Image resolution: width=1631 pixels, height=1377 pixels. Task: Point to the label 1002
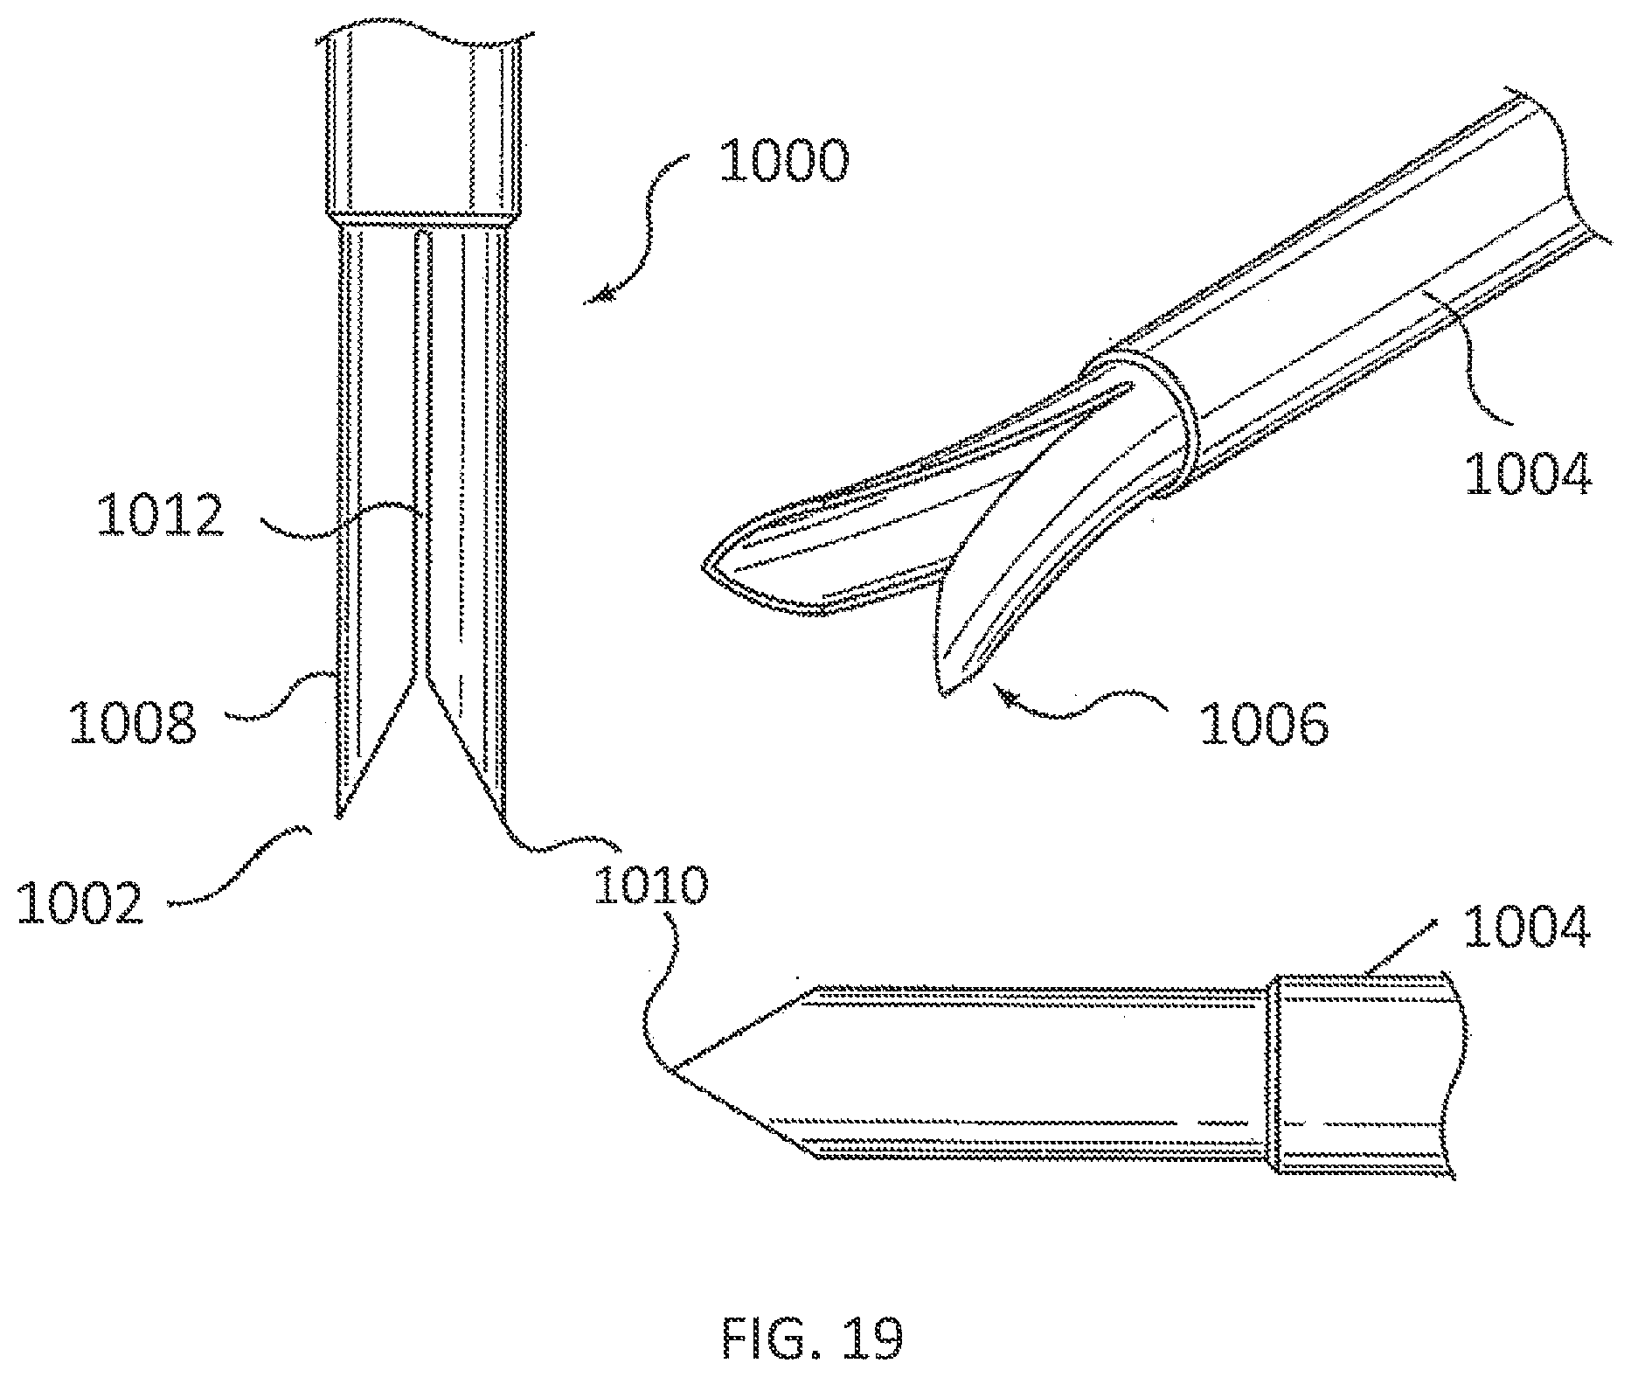coord(80,902)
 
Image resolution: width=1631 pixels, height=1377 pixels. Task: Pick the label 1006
coord(1265,722)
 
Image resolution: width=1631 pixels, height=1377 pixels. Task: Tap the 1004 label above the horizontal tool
coord(1524,928)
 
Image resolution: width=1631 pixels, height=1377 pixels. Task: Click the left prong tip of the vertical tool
coord(338,816)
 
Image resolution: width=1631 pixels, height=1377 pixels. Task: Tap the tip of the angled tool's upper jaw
coord(704,569)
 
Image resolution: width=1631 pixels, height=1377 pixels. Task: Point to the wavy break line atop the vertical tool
coord(428,36)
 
